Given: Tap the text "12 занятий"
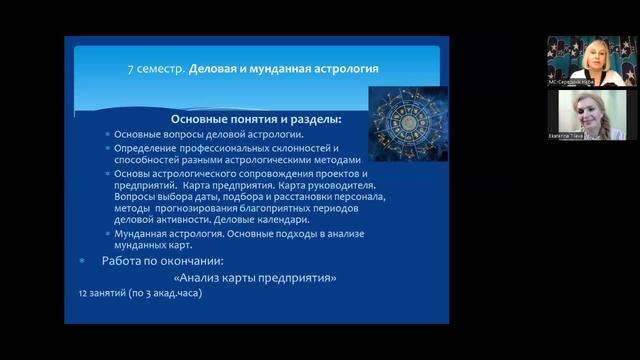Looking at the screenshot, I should (99, 295).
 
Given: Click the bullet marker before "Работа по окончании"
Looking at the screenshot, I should (82, 260).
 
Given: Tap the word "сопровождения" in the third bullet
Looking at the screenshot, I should (263, 173).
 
